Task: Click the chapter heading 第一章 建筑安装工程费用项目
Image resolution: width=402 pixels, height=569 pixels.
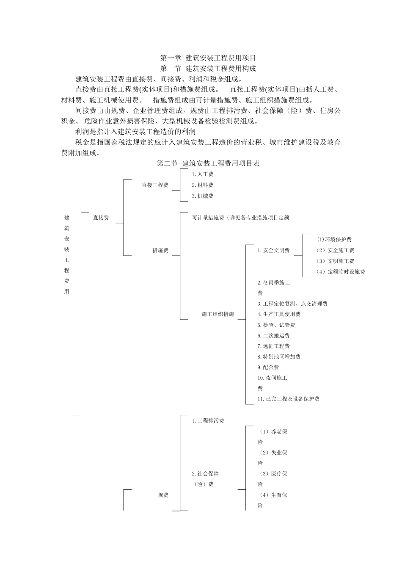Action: tap(208, 58)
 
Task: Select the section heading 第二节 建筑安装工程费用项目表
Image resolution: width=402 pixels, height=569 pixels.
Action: tap(208, 163)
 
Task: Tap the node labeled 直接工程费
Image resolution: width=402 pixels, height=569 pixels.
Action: tap(155, 185)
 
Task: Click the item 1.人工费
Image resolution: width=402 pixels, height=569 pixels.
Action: tap(202, 174)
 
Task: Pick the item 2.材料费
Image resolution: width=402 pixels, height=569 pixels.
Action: tap(202, 185)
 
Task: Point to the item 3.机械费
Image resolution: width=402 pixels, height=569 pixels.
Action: tap(202, 196)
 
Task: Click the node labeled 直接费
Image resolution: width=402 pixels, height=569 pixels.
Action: tap(101, 218)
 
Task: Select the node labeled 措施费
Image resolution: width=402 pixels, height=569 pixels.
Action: tap(160, 251)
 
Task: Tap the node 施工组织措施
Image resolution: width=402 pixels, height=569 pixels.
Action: tap(218, 314)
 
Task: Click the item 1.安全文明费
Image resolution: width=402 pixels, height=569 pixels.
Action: tap(273, 251)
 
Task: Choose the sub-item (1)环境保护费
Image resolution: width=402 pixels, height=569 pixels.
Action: tap(334, 240)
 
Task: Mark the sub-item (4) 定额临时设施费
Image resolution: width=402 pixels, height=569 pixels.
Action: tap(341, 272)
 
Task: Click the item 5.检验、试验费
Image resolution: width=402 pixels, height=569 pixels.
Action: tap(276, 325)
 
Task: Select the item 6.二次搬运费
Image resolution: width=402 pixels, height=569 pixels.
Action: tap(273, 336)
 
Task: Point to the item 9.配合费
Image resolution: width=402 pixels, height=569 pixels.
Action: tap(268, 367)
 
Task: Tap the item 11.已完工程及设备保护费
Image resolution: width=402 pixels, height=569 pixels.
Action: tap(288, 399)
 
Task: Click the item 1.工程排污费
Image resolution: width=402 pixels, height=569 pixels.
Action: tap(208, 421)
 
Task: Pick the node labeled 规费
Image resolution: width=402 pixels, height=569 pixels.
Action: tap(163, 495)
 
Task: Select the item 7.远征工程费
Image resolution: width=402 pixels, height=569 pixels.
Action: tap(273, 346)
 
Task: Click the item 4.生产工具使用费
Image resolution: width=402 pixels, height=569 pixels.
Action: tap(279, 314)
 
